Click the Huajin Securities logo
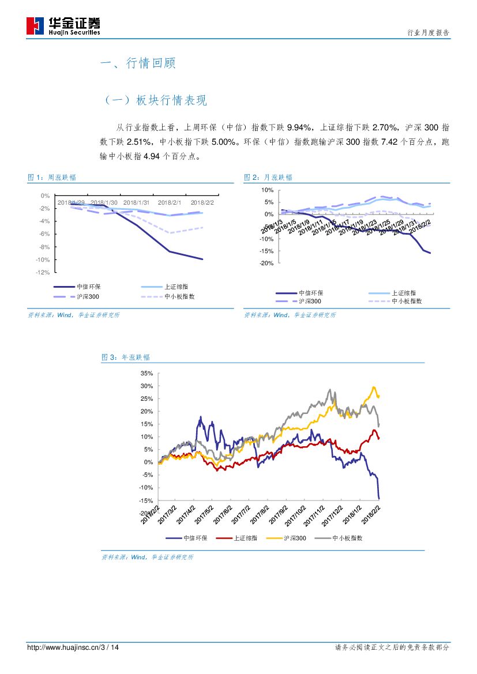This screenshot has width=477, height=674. [x=63, y=25]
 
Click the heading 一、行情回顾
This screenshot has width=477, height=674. [x=138, y=63]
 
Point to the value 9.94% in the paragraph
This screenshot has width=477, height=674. [x=299, y=127]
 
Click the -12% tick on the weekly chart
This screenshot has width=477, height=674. [x=43, y=272]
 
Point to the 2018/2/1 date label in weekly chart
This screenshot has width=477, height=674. [x=169, y=202]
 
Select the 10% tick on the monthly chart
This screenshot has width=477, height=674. [x=267, y=190]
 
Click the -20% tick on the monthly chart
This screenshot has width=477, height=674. [x=266, y=263]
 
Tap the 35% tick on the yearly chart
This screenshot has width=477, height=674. [x=146, y=373]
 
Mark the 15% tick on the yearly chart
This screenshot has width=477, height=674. [x=146, y=424]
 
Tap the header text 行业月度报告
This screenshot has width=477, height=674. [x=428, y=33]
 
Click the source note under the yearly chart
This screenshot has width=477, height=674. [x=148, y=557]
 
